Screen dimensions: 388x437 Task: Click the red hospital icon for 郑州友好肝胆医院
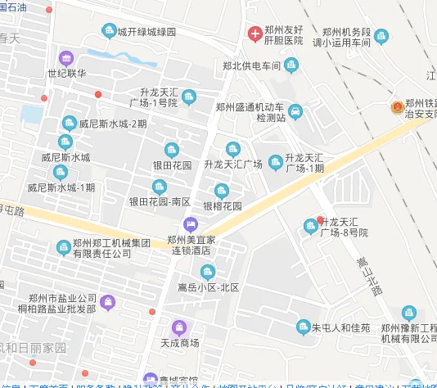(x=255, y=34)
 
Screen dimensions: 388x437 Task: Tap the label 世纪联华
(x=66, y=73)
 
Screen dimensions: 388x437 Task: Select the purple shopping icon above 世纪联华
(x=66, y=57)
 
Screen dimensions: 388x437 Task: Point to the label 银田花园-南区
(x=160, y=201)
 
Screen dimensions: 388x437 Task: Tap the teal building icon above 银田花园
(x=172, y=149)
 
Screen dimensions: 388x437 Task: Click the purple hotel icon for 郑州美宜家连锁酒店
(x=191, y=223)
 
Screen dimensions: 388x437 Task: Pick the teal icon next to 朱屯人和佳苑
(x=303, y=327)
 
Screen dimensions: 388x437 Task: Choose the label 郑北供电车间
(x=251, y=65)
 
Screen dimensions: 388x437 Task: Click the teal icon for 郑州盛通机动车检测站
(x=295, y=111)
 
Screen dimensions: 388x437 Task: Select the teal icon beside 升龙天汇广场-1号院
(x=190, y=98)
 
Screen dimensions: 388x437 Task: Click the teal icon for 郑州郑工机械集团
(x=63, y=247)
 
